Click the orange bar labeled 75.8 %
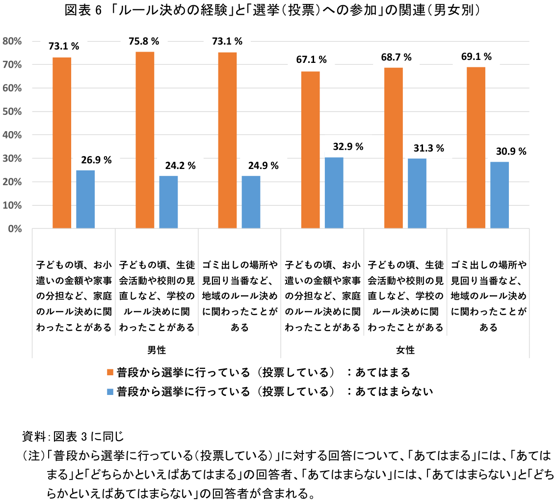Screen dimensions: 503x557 pyautogui.click(x=145, y=140)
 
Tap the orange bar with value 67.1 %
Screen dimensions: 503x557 pyautogui.click(x=310, y=150)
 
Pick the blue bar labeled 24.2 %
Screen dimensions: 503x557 pyautogui.click(x=168, y=202)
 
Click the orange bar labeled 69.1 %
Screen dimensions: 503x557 pyautogui.click(x=476, y=147)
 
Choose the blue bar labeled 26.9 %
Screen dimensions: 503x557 pyautogui.click(x=85, y=199)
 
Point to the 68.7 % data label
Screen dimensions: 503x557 pyautogui.click(x=396, y=57)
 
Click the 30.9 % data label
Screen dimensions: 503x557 pyautogui.click(x=511, y=152)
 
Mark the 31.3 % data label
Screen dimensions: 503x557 pyautogui.click(x=428, y=148)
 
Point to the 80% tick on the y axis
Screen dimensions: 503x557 pyautogui.click(x=12, y=42)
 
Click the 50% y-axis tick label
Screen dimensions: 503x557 pyautogui.click(x=12, y=112)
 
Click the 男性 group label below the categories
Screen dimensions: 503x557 pyautogui.click(x=157, y=350)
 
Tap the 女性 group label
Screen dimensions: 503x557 pyautogui.click(x=405, y=350)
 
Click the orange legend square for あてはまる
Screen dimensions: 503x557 pyautogui.click(x=110, y=372)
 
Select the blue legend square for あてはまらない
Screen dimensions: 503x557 pyautogui.click(x=110, y=391)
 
